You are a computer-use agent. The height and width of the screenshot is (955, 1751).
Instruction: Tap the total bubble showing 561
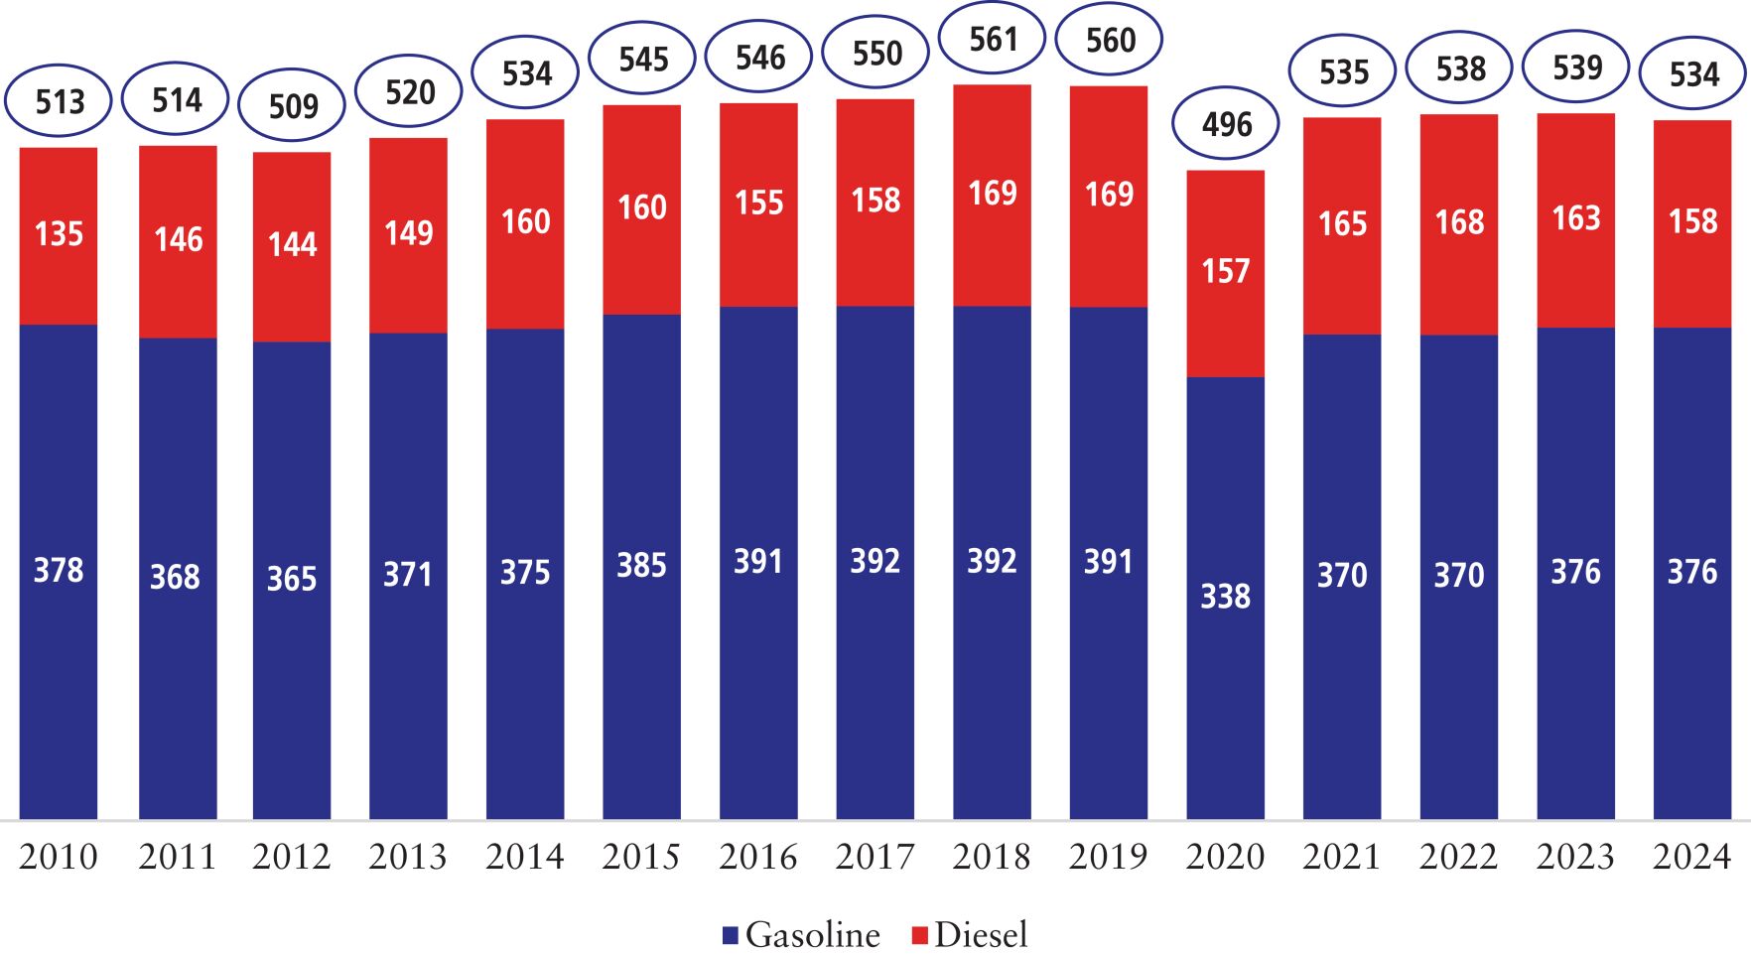click(x=993, y=39)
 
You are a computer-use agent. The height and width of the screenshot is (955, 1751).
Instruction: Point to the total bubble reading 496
click(x=1226, y=124)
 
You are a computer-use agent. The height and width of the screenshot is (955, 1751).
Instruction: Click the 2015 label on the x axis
click(x=641, y=856)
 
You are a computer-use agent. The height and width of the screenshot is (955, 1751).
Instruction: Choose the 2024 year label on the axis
click(x=1691, y=856)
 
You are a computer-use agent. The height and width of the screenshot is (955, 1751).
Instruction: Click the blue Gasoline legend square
click(x=731, y=935)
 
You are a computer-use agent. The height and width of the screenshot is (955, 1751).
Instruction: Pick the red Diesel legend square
click(x=919, y=935)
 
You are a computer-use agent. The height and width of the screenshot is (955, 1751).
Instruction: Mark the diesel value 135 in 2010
click(x=59, y=233)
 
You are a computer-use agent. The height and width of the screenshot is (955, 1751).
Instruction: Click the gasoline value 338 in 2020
click(x=1225, y=596)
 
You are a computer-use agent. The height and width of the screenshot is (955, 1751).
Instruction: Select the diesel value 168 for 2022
click(x=1459, y=221)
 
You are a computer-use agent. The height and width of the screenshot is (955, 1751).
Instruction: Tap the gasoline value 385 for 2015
click(x=641, y=565)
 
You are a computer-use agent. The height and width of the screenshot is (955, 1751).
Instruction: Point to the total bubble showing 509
click(x=293, y=105)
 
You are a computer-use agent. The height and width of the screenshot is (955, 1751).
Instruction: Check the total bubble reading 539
click(x=1576, y=67)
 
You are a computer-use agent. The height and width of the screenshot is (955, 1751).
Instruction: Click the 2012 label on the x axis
click(x=291, y=856)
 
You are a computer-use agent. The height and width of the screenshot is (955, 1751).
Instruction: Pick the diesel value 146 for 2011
click(x=178, y=238)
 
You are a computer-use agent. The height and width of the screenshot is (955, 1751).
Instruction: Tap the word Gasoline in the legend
click(x=812, y=935)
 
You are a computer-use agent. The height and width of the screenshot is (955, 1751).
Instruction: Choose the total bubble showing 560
click(x=1109, y=40)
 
